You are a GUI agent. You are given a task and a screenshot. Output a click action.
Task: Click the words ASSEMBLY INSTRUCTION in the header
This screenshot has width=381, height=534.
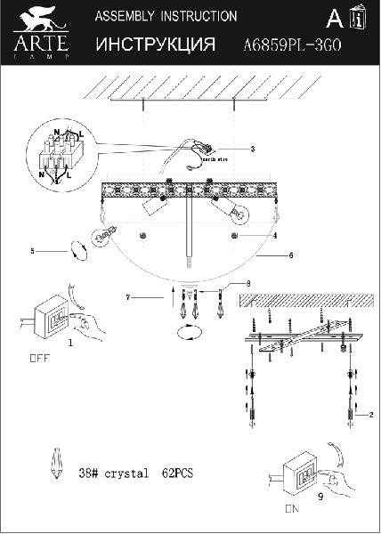pyautogui.click(x=166, y=17)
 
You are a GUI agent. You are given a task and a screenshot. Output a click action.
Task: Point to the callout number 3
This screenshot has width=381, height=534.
pyautogui.click(x=253, y=149)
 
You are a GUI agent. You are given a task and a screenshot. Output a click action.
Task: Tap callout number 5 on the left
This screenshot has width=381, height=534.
pyautogui.click(x=32, y=252)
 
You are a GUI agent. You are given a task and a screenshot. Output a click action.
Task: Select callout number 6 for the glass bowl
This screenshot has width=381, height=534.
pyautogui.click(x=290, y=255)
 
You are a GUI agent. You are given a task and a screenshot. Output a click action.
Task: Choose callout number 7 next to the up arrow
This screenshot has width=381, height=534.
pyautogui.click(x=128, y=295)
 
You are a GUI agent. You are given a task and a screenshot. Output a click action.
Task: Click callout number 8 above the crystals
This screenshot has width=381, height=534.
pyautogui.click(x=248, y=284)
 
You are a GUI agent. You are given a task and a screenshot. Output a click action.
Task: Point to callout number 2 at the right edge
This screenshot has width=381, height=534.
pyautogui.click(x=370, y=416)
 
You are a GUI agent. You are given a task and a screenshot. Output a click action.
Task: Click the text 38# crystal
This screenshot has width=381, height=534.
pyautogui.click(x=113, y=474)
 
